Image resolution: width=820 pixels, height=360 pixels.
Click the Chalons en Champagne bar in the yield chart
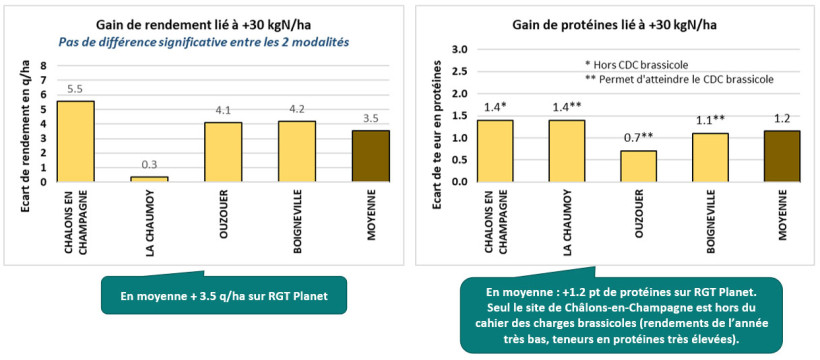point(76,141)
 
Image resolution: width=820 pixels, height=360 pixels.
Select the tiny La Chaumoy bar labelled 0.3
point(149,179)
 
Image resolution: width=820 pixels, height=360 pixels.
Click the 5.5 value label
point(76,89)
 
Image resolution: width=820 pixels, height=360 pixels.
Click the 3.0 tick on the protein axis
point(462,49)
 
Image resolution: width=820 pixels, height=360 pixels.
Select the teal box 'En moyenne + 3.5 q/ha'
point(223,296)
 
